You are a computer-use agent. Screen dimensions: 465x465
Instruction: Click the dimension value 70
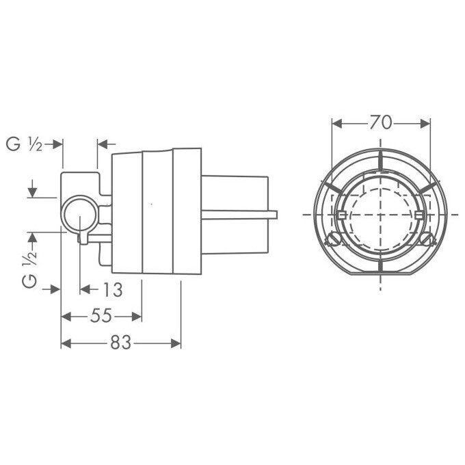click(380, 122)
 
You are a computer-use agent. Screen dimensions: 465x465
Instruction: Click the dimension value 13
click(112, 290)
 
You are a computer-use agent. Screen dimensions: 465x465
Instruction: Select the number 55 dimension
click(101, 315)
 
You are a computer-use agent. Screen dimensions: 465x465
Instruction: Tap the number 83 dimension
click(121, 343)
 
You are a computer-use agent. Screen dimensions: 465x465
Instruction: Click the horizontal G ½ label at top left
click(25, 144)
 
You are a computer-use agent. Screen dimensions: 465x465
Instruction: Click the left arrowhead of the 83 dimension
click(66, 344)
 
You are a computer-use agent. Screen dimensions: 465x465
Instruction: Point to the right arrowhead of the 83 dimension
click(176, 344)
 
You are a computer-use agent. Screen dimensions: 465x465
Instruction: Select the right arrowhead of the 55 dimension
click(137, 317)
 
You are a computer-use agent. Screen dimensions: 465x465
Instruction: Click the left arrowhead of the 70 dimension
click(336, 124)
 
